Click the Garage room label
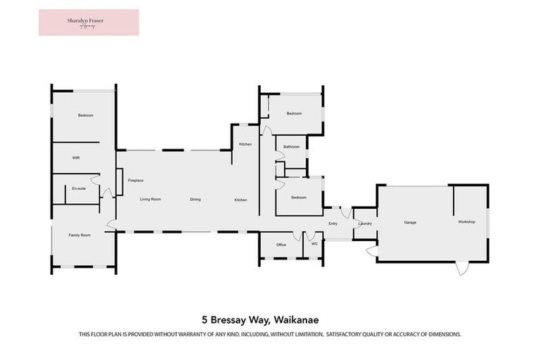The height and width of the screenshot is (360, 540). point(410,222)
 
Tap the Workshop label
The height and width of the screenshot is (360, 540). point(467,222)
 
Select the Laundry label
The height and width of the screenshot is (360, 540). point(364,224)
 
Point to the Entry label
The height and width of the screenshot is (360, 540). point(333,224)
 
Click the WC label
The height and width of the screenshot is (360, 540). point(315,244)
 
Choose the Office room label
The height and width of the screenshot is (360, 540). point(281,245)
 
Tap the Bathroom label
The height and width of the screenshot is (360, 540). point(291,147)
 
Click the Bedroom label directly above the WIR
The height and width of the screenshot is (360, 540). point(86,115)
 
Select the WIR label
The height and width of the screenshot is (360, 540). point(76,158)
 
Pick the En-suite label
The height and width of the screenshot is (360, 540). point(79,188)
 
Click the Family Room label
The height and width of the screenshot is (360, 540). point(79,235)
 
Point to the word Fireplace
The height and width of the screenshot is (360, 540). point(136,181)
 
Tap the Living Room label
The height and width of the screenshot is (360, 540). point(150,200)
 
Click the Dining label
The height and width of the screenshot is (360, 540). point(195,200)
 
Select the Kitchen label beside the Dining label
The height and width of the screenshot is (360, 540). point(240,200)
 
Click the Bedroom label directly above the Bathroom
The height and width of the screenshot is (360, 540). point(294,113)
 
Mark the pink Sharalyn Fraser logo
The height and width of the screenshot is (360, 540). point(89,22)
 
